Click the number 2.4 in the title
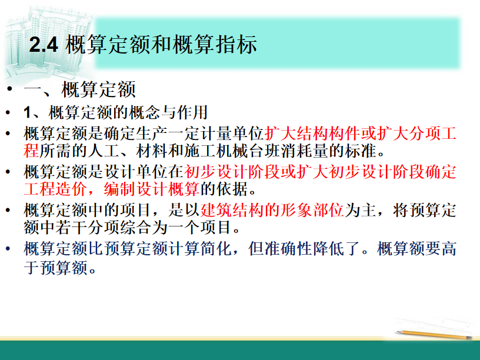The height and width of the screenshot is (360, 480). point(44,45)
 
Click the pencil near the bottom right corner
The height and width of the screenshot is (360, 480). point(434,334)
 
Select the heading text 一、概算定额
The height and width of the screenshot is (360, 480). point(79,89)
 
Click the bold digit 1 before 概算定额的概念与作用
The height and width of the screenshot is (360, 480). point(28,112)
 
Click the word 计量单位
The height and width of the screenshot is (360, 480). point(232,134)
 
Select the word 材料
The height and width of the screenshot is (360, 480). point(152,151)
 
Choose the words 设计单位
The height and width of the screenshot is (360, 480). point(136,172)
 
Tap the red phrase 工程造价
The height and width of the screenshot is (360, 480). point(55,189)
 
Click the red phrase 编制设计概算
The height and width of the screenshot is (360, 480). point(152,189)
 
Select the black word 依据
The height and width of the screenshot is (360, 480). point(232,189)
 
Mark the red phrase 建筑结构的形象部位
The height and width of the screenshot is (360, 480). point(272,211)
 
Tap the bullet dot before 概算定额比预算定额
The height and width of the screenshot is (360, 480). point(8,248)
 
